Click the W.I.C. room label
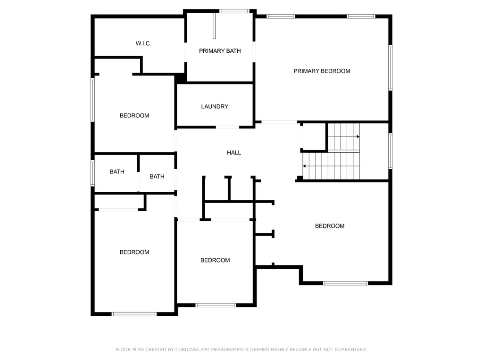[143, 43]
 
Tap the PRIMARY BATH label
[220, 51]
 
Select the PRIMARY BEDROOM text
[322, 71]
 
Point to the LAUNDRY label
[215, 107]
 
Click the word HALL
[234, 153]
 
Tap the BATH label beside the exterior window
[117, 172]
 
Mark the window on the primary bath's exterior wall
[234, 11]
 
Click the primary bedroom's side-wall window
[390, 68]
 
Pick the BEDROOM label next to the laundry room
[134, 116]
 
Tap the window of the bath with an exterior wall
[92, 173]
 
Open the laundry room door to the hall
[227, 127]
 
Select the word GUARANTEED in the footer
[351, 350]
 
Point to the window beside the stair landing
[390, 151]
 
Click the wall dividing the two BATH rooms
[138, 173]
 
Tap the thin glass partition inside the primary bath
[215, 26]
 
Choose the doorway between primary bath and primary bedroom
[254, 52]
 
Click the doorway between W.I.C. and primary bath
[186, 52]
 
